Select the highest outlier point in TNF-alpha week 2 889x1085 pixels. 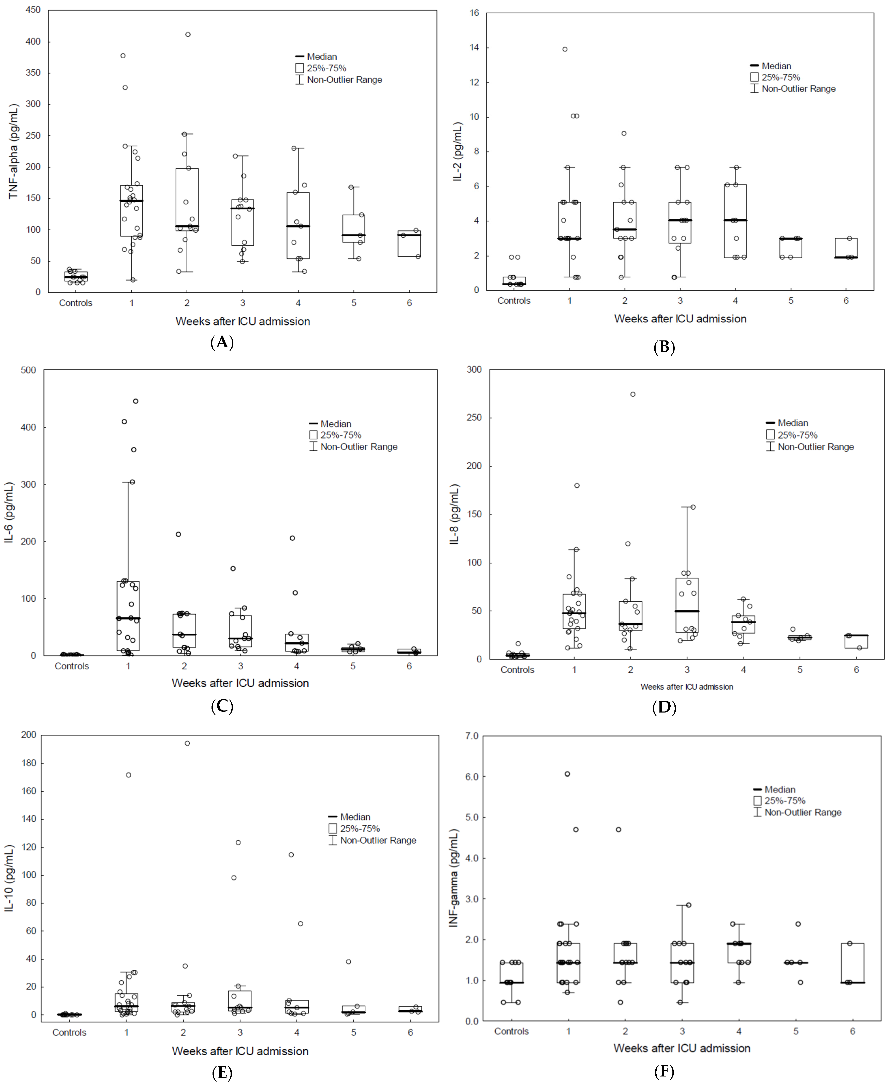tap(188, 34)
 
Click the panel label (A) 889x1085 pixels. tap(222, 342)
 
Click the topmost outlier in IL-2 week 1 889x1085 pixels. tap(565, 49)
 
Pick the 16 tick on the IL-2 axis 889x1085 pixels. tap(474, 13)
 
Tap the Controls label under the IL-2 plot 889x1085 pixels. tap(514, 300)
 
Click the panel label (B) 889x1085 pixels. tap(664, 347)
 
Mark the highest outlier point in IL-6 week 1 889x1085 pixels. tap(136, 401)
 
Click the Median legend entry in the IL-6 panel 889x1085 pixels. tap(335, 424)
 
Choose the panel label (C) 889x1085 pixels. tap(222, 707)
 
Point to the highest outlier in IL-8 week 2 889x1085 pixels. tap(633, 394)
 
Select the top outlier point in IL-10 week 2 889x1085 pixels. tap(187, 743)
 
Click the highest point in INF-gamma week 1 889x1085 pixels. tap(567, 774)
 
